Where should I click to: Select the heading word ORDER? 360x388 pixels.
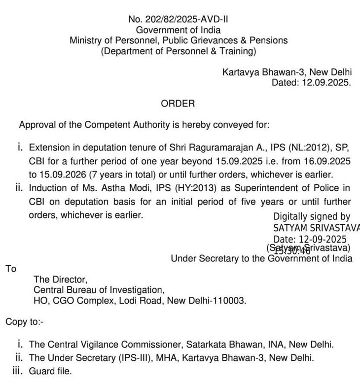(178, 104)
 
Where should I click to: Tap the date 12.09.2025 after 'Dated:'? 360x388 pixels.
(325, 83)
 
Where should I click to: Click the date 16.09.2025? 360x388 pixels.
(329, 161)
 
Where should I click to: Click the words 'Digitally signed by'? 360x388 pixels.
(312, 216)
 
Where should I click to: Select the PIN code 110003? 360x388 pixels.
(231, 300)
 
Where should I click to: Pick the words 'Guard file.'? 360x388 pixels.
(51, 371)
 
